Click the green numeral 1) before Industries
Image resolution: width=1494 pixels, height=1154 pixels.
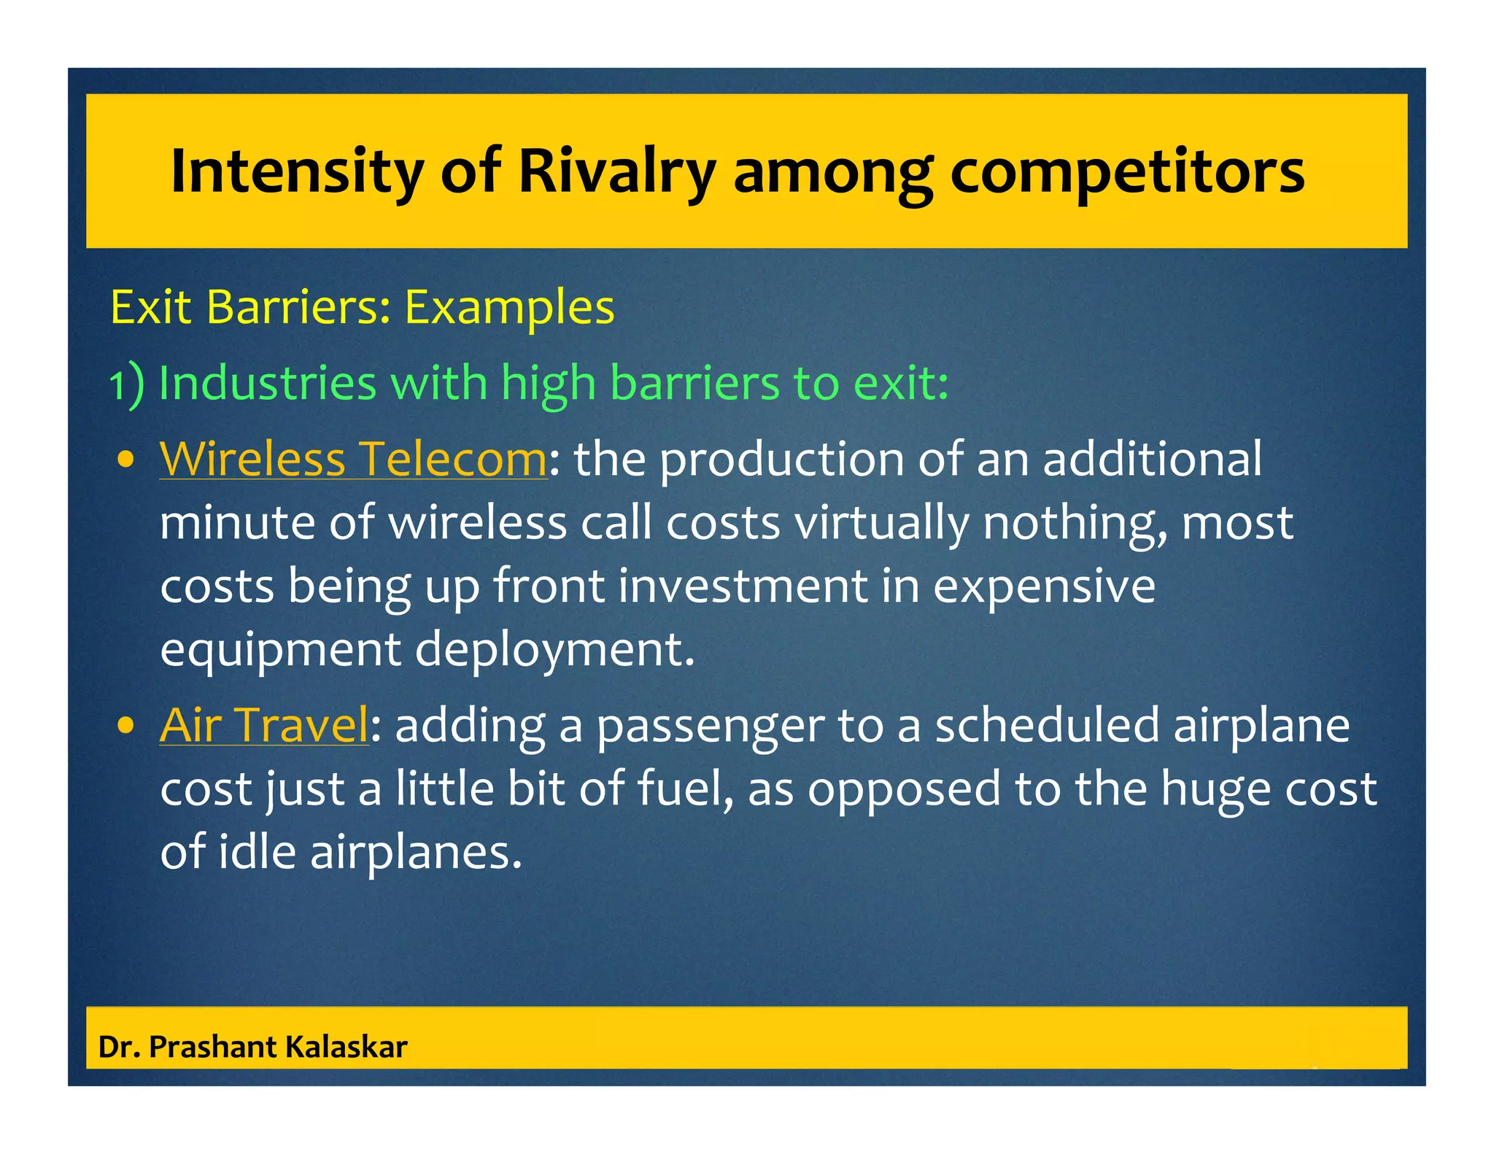coord(126,384)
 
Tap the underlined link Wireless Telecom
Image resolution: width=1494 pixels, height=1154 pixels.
coord(353,459)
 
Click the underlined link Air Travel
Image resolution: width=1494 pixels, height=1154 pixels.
coord(264,725)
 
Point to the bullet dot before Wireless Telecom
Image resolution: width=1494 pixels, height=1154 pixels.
coord(126,460)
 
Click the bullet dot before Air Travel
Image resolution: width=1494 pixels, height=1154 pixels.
coord(126,726)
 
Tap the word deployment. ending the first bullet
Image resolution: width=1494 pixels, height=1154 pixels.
coord(554,649)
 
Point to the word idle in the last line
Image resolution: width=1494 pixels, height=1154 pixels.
coord(257,851)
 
